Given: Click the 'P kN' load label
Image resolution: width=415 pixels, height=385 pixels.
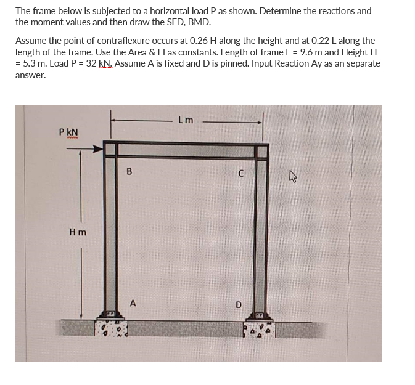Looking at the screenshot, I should pyautogui.click(x=68, y=132).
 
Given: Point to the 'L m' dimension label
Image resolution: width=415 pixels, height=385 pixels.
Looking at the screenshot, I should pyautogui.click(x=185, y=120).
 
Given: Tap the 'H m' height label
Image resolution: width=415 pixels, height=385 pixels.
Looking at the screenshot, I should pyautogui.click(x=78, y=231).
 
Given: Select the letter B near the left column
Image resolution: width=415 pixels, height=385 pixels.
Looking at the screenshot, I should pyautogui.click(x=129, y=172).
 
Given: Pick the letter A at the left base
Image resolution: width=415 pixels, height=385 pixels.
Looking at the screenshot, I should pyautogui.click(x=133, y=302).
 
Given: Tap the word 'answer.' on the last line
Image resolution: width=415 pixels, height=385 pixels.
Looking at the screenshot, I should pyautogui.click(x=30, y=75).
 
